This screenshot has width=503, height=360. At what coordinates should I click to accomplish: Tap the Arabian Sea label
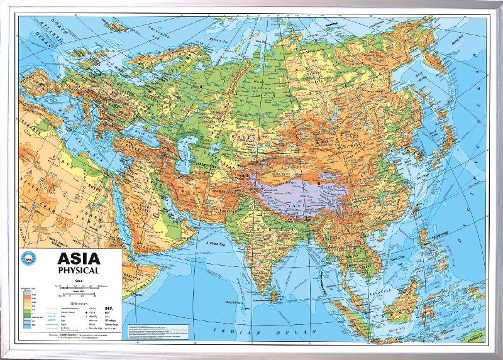(216, 240)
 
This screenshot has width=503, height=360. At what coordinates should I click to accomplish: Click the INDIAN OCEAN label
(251, 330)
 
